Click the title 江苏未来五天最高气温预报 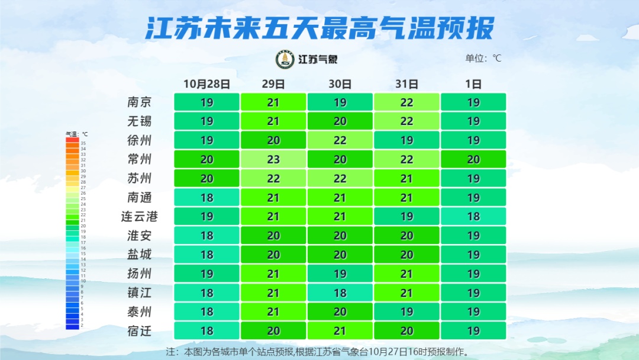pos(319,28)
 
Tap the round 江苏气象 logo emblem pos(285,59)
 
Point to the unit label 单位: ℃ pos(483,58)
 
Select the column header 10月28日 pos(206,83)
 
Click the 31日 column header pos(406,83)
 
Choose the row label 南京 pos(140,102)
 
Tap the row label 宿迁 pos(140,330)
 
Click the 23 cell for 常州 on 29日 pos(273,159)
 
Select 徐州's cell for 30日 pos(340,140)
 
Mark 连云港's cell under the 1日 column pos(473,216)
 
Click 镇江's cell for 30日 pos(340,292)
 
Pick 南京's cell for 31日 pos(406,102)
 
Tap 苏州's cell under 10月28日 pos(206,178)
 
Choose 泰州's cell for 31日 pos(406,311)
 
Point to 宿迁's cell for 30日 pos(340,330)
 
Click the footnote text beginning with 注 pos(318,352)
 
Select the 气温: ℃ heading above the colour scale pos(76,134)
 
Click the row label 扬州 pos(140,274)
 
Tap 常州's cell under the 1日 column pos(473,159)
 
